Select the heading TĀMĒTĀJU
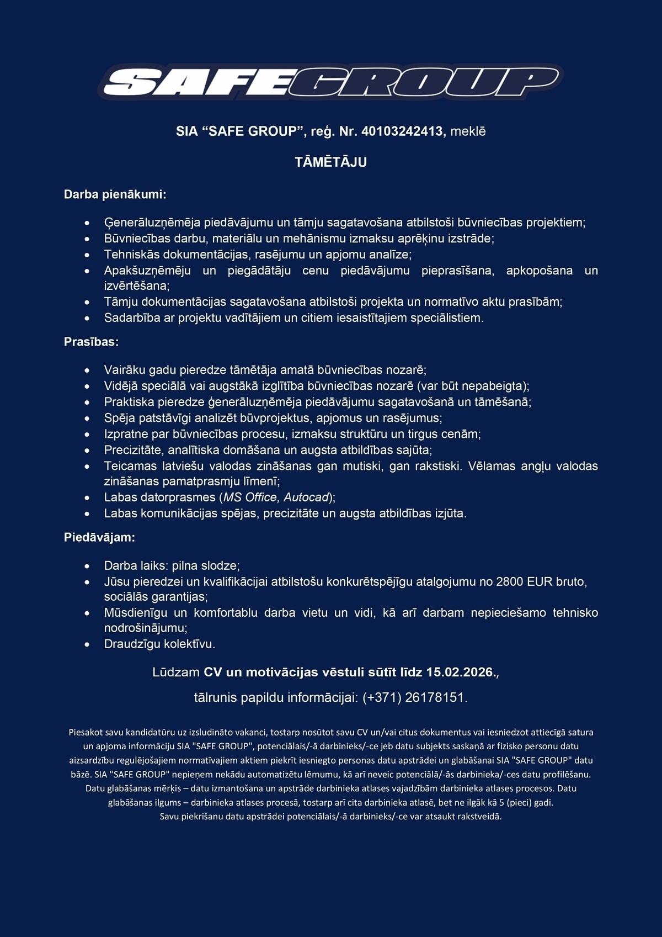point(331,162)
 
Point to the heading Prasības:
point(92,342)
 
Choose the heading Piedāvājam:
point(99,537)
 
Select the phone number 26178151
point(435,697)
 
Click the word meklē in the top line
point(468,131)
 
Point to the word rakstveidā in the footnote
point(481,817)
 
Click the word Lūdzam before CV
point(176,672)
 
